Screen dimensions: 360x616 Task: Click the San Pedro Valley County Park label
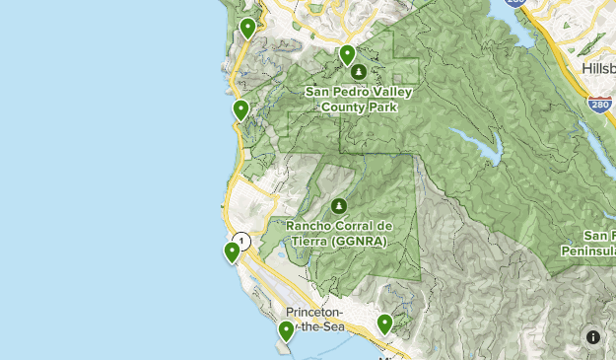tap(358, 99)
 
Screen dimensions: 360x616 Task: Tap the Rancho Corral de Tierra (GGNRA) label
tap(338, 232)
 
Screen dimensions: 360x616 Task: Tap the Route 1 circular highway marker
tap(241, 241)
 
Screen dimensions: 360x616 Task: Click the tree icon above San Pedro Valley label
tap(357, 72)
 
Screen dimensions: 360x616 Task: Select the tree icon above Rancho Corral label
tap(338, 206)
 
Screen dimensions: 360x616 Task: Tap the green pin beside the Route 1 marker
tap(232, 252)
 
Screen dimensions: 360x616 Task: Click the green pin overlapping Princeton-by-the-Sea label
tap(286, 330)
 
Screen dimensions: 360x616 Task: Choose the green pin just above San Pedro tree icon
tap(346, 54)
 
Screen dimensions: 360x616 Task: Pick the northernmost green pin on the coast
tap(247, 28)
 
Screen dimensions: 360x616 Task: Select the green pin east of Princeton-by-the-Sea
tap(384, 323)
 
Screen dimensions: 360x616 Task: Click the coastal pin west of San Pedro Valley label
tap(240, 109)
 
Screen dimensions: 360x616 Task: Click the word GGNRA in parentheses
tap(358, 240)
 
